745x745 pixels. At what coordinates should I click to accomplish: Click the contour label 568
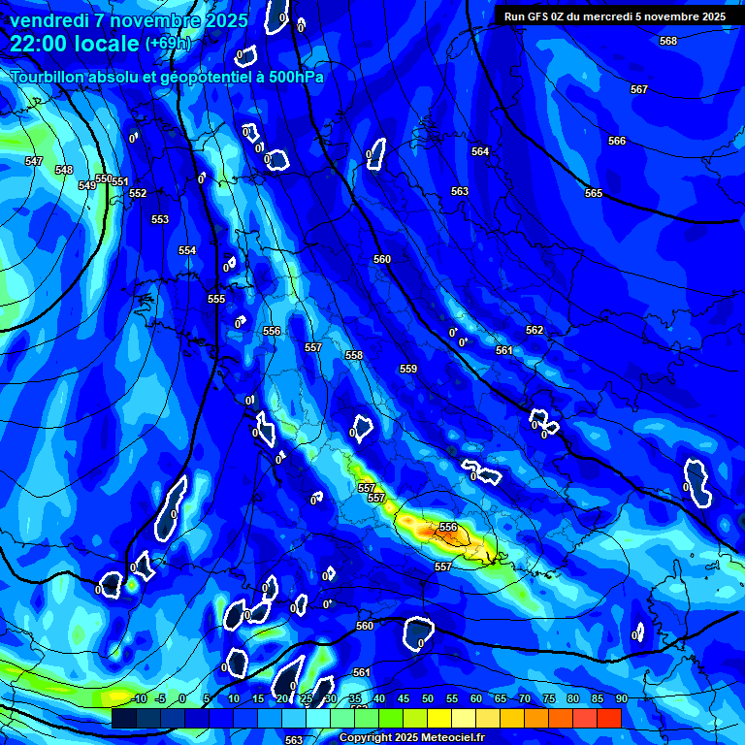pos(667,41)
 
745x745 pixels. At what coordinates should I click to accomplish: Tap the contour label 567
pos(638,89)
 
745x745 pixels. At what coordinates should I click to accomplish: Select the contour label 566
pos(617,141)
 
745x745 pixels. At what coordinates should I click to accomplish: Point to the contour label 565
pos(594,193)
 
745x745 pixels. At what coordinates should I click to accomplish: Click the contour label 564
pos(480,151)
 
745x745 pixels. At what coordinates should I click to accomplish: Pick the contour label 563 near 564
pos(460,191)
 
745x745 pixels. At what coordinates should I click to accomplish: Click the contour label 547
pos(34,161)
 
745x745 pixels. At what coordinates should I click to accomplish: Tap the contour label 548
pos(64,170)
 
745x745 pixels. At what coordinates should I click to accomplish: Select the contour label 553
pos(160,219)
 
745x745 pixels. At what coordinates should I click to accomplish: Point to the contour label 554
pos(187,250)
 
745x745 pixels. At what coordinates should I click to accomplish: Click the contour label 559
pos(408,369)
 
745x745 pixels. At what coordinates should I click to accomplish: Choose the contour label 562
pos(534,330)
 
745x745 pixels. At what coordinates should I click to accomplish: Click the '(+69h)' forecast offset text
pos(168,44)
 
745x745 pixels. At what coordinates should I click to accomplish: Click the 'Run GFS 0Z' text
pos(536,16)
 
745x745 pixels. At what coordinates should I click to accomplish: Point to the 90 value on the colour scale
pos(621,698)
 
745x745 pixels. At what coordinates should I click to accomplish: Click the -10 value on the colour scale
pos(139,698)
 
